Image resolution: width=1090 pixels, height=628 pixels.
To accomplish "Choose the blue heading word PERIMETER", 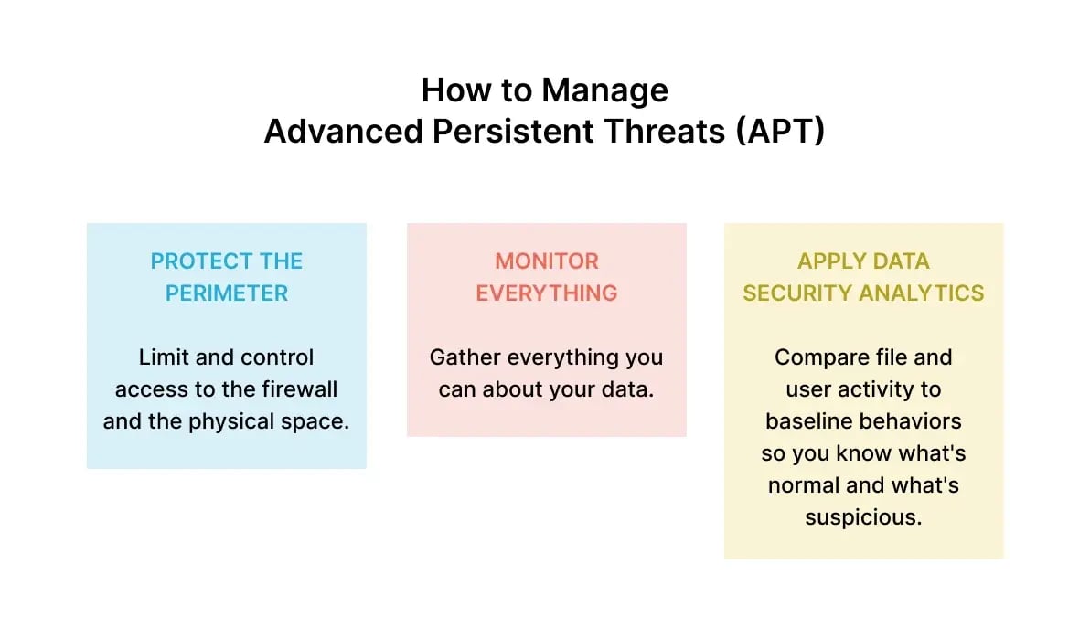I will click(227, 293).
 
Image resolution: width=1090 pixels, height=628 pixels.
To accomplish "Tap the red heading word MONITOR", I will click(547, 261).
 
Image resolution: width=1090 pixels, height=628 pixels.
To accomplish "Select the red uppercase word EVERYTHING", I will click(547, 293).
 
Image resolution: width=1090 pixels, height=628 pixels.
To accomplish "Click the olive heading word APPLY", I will click(824, 261).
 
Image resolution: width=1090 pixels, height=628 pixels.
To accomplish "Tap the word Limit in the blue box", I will click(163, 357).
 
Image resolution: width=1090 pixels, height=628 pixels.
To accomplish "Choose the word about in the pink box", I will click(512, 389).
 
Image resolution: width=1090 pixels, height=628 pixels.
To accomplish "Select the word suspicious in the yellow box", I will click(863, 517).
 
